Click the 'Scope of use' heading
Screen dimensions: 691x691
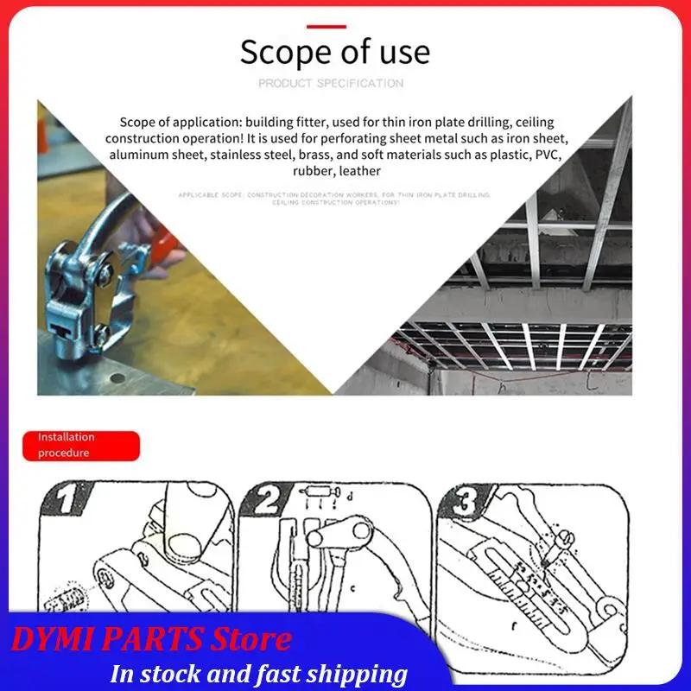tap(334, 53)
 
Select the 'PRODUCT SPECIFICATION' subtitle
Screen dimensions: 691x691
tap(331, 84)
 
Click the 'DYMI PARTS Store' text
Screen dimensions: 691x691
tap(152, 640)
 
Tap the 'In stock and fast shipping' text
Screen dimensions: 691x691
tap(259, 674)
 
